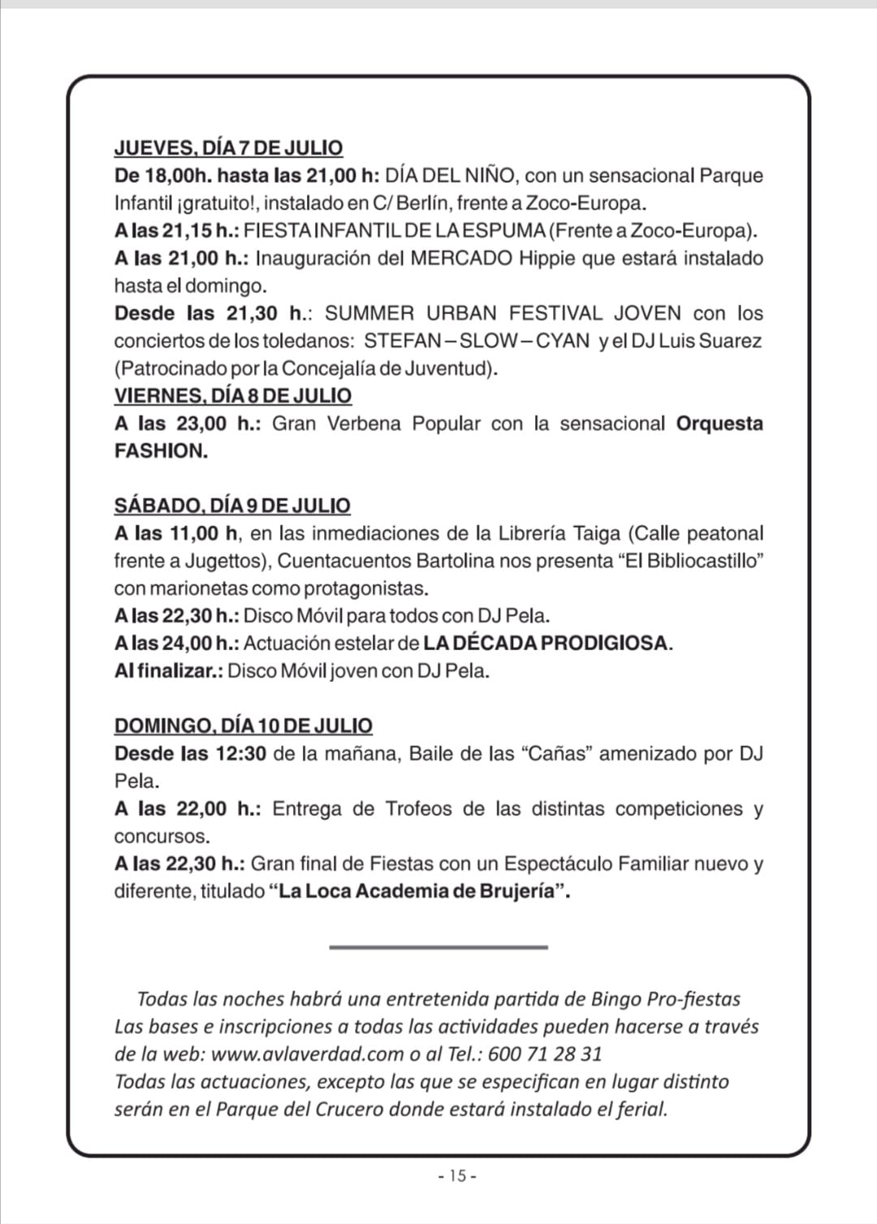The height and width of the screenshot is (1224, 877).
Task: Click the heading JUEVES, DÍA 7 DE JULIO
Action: tap(228, 148)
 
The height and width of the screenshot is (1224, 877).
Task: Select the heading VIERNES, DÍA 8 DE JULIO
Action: tap(233, 395)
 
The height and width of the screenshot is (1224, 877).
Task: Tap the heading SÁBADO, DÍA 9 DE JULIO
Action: tap(232, 505)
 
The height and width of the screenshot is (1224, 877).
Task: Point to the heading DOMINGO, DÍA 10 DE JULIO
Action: tap(244, 726)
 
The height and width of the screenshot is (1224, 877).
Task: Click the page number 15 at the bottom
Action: tap(456, 1175)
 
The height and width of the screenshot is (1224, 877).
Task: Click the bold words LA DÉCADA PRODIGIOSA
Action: tap(548, 643)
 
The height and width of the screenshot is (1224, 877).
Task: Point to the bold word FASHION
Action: tap(161, 450)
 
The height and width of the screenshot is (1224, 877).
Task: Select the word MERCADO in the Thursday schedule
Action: tap(461, 258)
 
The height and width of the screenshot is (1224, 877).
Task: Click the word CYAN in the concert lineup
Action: tap(564, 341)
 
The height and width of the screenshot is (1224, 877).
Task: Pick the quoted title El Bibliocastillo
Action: tap(691, 561)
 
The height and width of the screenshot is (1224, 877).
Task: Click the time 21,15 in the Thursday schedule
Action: tap(188, 231)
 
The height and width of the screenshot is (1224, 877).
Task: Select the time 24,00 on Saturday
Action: tap(188, 643)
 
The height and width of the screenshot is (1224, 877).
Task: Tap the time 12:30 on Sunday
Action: tap(240, 753)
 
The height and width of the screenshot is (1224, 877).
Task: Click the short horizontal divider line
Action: tap(438, 946)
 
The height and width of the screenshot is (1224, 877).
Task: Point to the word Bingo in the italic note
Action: tap(615, 998)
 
